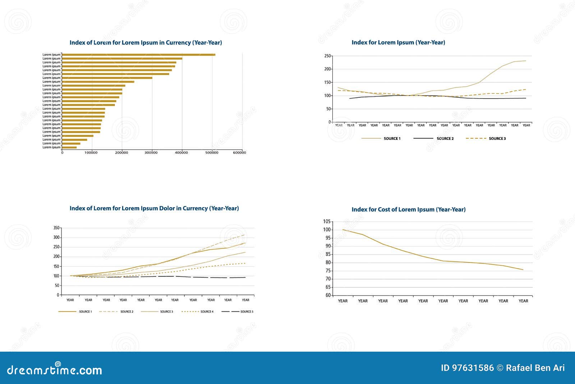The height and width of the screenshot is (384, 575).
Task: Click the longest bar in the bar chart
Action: click(138, 55)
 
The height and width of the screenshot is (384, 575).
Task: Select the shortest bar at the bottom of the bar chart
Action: click(69, 147)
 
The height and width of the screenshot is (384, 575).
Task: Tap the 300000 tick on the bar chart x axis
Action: click(151, 153)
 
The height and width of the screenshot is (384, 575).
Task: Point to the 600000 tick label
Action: click(239, 153)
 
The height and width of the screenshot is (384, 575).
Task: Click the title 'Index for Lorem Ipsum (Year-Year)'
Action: click(398, 42)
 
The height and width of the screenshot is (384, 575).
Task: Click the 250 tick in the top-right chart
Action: click(327, 56)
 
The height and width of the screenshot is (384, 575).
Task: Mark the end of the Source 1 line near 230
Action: click(525, 61)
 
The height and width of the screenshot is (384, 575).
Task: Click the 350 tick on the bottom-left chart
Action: click(56, 228)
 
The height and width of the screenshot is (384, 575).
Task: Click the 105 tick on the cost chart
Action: click(327, 221)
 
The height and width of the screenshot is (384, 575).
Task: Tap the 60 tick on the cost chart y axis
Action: click(328, 296)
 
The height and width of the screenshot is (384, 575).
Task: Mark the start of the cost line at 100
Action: click(343, 229)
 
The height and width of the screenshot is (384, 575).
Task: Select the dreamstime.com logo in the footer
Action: click(55, 370)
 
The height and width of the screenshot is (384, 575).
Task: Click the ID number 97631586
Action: click(473, 368)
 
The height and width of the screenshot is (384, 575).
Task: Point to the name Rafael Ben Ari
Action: click(535, 368)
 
